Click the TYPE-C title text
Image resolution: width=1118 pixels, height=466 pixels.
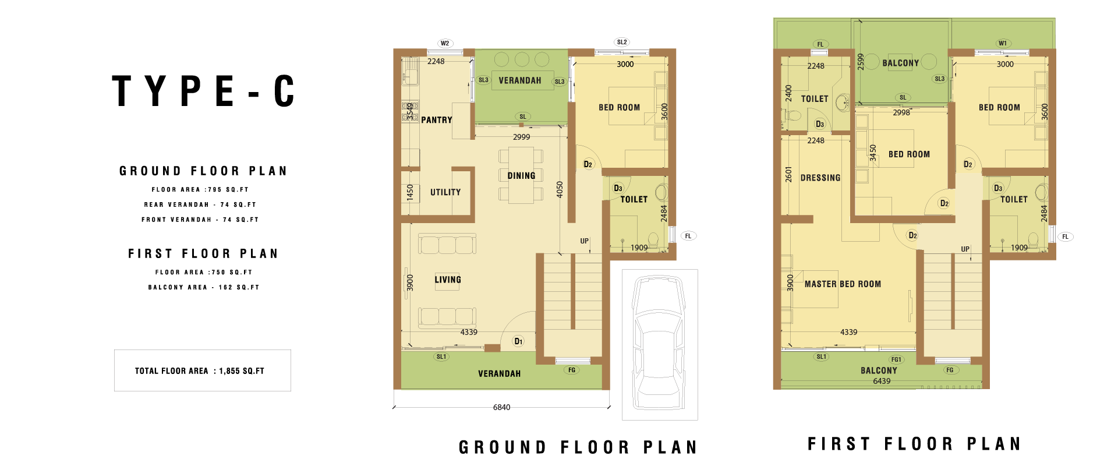click(204, 91)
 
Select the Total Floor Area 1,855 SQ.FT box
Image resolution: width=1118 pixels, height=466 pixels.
click(203, 370)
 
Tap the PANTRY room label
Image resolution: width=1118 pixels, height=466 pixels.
click(437, 120)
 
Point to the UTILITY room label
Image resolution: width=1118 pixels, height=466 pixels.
click(445, 192)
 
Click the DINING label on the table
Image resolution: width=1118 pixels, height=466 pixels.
click(521, 176)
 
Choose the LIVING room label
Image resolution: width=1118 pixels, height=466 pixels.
click(448, 280)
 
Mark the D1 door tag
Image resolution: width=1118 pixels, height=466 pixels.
click(518, 341)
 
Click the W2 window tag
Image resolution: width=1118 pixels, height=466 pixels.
click(445, 43)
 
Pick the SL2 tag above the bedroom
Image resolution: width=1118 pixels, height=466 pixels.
click(622, 42)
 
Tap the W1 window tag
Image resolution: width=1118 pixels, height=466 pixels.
click(1002, 43)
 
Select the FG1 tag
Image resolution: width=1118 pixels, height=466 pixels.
click(896, 359)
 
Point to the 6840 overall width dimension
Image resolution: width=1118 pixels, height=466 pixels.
click(501, 407)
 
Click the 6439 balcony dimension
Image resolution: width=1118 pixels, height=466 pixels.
click(882, 381)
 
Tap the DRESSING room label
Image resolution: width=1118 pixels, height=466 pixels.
click(820, 178)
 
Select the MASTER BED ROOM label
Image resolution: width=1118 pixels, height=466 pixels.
click(843, 284)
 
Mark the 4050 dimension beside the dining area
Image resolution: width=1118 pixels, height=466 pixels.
click(560, 189)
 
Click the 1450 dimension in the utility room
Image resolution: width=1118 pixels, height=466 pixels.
click(410, 192)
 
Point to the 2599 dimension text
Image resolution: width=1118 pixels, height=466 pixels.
click(861, 62)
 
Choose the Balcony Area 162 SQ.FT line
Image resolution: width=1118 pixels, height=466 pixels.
click(204, 287)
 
